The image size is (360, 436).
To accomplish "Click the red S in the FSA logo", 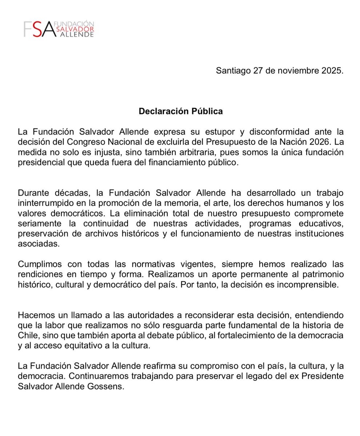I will (x=37, y=29).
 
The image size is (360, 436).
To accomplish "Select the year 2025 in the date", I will (x=331, y=70).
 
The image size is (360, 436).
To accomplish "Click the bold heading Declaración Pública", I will (x=180, y=111).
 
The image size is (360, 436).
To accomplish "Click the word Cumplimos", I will (x=41, y=264).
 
